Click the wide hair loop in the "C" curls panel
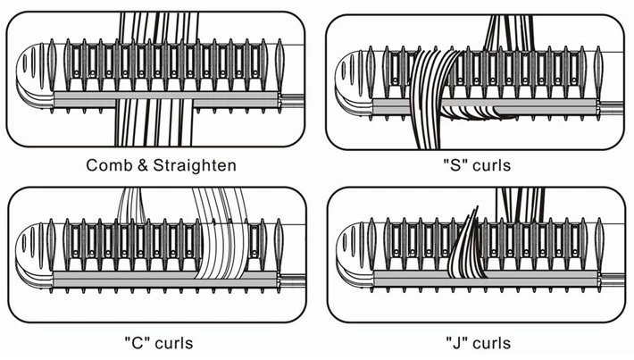tap(219, 237)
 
